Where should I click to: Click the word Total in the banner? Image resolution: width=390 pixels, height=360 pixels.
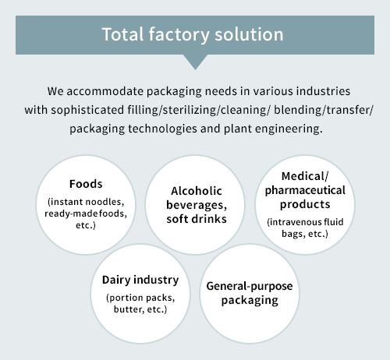click(123, 34)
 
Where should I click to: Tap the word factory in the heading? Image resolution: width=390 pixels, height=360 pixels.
click(179, 35)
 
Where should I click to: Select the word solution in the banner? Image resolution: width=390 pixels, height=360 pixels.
click(249, 34)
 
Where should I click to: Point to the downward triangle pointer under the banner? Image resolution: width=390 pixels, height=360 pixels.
click(195, 62)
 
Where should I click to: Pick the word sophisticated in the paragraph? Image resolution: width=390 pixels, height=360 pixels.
click(87, 110)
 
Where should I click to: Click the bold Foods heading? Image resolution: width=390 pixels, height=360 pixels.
click(86, 184)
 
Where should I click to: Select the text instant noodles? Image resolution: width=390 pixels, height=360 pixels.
click(86, 202)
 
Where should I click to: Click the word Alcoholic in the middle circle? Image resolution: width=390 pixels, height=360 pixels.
click(197, 191)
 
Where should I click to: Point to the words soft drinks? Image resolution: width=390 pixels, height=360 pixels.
click(197, 219)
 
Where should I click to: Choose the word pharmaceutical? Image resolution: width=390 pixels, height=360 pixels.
click(305, 191)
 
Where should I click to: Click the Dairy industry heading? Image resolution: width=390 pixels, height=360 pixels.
click(140, 281)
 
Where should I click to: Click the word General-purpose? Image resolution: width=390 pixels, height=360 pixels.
click(250, 287)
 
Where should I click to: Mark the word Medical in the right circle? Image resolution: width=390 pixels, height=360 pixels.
click(303, 176)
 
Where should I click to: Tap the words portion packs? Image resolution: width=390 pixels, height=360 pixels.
click(140, 298)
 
